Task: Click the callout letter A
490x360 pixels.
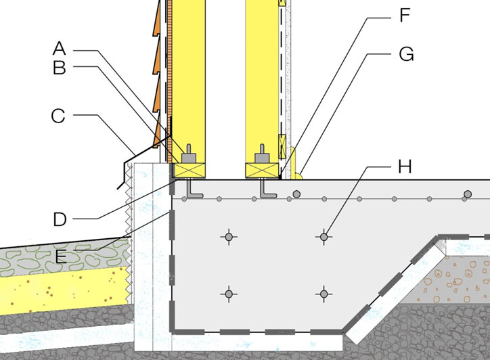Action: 60,49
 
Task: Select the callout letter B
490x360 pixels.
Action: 60,68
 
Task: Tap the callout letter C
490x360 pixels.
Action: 58,116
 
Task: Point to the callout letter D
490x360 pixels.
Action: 60,219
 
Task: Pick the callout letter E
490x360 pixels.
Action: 61,256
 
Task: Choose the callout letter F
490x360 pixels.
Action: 405,16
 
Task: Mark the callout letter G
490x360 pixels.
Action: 406,53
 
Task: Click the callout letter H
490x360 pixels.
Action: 405,166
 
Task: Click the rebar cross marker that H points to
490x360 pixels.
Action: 324,237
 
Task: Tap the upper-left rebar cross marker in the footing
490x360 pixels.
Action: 229,237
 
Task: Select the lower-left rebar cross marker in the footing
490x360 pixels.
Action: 229,294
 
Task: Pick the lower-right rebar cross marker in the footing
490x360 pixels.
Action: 324,294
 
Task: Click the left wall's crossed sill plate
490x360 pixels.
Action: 190,171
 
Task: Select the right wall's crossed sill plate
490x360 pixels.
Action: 262,171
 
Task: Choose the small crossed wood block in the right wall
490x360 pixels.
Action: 282,146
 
